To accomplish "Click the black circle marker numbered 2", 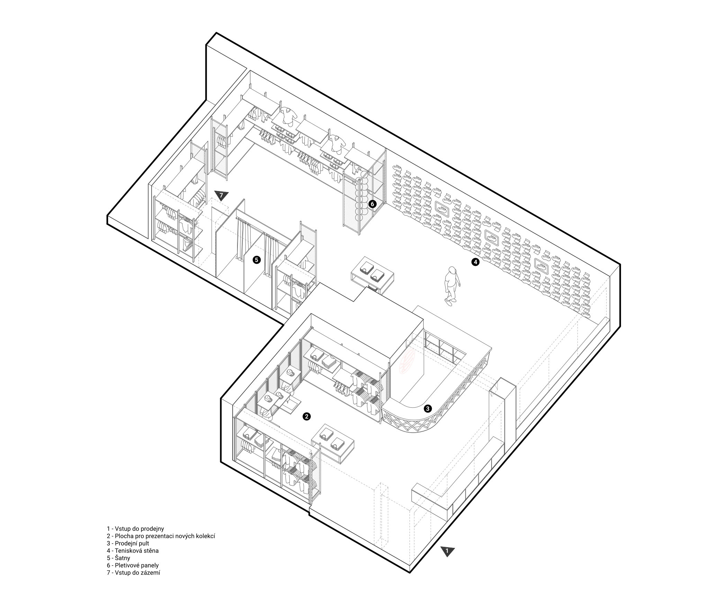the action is [x=306, y=417].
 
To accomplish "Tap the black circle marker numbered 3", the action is [x=428, y=408].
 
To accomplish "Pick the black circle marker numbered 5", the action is [x=256, y=260].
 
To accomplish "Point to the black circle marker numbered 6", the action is [x=372, y=204].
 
